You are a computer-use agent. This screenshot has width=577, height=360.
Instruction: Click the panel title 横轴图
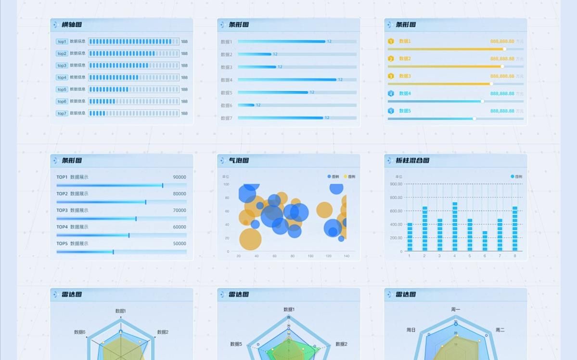(72, 25)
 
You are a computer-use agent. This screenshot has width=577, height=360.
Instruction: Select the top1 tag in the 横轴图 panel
(62, 42)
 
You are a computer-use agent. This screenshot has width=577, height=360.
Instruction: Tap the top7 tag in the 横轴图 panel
(62, 114)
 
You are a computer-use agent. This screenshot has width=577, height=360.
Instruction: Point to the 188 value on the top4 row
(184, 77)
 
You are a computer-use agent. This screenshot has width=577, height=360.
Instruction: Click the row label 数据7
(226, 118)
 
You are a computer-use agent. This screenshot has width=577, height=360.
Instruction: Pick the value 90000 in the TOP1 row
(180, 177)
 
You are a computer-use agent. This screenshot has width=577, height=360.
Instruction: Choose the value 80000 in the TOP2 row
(180, 194)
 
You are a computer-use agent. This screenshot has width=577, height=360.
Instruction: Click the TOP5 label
(62, 244)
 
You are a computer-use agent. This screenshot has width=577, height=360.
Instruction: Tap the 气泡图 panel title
(239, 160)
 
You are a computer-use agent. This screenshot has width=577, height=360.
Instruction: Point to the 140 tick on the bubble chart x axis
(346, 256)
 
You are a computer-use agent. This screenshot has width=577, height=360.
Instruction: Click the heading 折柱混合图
(412, 160)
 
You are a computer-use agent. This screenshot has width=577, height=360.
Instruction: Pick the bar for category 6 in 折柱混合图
(485, 241)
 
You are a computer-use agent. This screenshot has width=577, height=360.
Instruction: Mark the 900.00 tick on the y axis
(396, 184)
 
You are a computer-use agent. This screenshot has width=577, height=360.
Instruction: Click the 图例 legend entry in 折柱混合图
(516, 177)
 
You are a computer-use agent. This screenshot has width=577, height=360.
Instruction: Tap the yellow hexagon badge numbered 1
(391, 41)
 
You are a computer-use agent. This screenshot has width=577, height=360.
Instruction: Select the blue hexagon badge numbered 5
(391, 111)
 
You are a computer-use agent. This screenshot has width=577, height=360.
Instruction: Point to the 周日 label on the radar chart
(411, 330)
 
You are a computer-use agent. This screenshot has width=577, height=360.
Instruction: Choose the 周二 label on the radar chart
(500, 330)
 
